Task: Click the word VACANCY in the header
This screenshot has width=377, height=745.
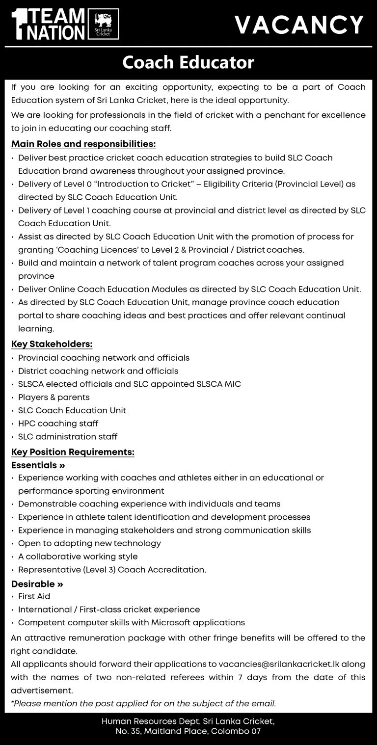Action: pos(298,25)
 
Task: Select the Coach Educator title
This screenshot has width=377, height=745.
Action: pos(188,63)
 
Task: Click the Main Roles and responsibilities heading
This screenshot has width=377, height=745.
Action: pos(83,144)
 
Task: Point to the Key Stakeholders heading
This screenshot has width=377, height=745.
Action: pos(52,344)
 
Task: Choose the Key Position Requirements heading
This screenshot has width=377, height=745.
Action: pos(73,452)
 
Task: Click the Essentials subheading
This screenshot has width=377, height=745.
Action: pos(38,465)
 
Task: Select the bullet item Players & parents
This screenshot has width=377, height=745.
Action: pos(54,397)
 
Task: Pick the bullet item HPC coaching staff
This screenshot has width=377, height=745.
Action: pos(58,423)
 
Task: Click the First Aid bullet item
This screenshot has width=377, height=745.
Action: pos(34,596)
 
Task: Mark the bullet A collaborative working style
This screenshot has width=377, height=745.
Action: pos(78,557)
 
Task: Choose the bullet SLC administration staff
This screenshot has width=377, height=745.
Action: pos(68,436)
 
